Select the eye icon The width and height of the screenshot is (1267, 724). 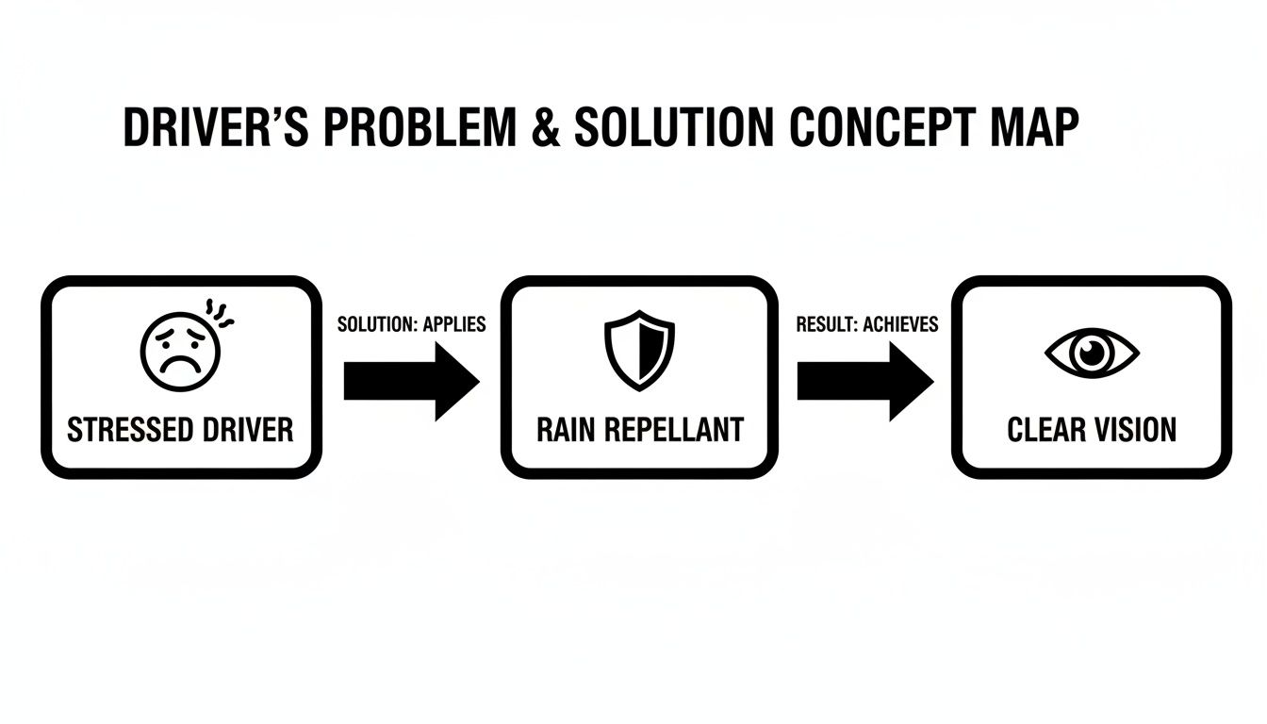click(1092, 354)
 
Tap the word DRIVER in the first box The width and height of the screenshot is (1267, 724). click(247, 430)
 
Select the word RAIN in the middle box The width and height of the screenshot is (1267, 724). click(568, 430)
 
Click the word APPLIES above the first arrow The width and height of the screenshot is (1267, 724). click(453, 324)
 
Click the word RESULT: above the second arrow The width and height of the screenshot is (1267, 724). click(827, 324)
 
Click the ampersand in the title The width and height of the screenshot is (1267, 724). click(545, 129)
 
